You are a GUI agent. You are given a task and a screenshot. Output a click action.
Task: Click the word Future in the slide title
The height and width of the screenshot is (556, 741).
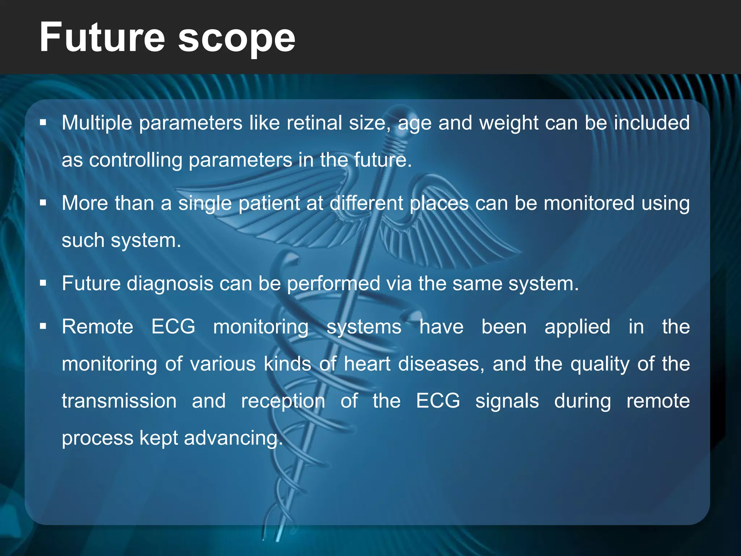tap(102, 37)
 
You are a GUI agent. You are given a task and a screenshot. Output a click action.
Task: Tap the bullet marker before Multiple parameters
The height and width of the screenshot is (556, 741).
tap(43, 123)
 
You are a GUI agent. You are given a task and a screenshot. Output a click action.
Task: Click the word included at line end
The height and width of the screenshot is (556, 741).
tap(652, 123)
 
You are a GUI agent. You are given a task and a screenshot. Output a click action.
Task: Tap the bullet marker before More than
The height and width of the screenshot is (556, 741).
tap(43, 203)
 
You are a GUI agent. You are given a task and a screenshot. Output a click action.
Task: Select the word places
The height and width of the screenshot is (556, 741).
tap(439, 203)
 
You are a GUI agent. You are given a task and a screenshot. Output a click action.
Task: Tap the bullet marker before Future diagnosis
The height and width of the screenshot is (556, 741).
tap(43, 283)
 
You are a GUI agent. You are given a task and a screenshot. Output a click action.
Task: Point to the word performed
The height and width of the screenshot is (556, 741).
tap(333, 283)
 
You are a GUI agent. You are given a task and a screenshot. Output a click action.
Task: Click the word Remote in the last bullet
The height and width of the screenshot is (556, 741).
tap(98, 327)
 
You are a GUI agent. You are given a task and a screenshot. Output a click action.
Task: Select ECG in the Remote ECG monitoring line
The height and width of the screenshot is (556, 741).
tap(173, 327)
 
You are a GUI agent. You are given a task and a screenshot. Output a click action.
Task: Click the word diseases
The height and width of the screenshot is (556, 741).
tap(441, 364)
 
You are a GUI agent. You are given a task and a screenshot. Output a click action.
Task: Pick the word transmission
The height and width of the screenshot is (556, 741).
tap(119, 401)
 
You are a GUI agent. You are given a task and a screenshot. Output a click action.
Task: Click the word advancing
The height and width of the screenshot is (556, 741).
tap(233, 438)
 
